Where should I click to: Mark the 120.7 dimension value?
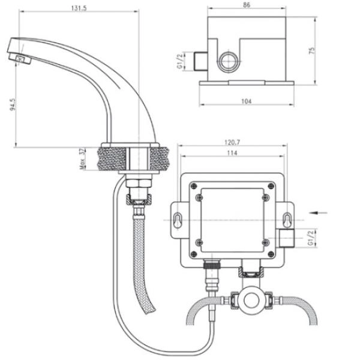pos(231,143)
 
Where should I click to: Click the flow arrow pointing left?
pos(319,212)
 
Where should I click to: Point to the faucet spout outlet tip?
pos(24,58)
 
